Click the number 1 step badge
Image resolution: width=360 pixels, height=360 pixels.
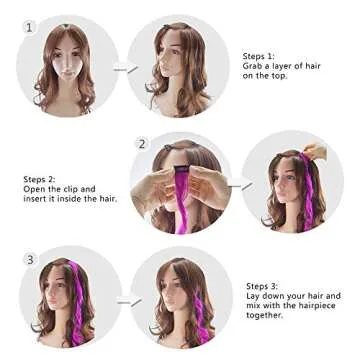29,27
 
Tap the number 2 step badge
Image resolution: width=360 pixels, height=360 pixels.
142,144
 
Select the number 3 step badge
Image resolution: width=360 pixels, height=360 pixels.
30,260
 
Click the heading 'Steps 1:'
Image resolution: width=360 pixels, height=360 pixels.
258,57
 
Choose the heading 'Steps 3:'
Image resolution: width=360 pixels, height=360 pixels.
262,286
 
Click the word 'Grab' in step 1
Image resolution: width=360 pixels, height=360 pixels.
253,66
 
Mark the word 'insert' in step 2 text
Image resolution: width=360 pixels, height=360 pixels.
37,198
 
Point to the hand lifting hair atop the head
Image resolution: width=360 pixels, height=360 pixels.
316,152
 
